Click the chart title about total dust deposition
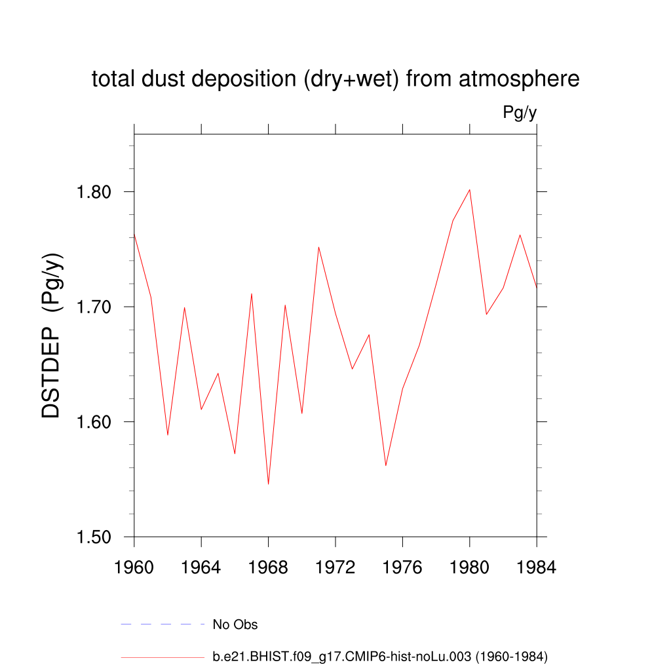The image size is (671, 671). click(x=335, y=79)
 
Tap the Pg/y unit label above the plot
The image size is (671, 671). click(x=520, y=113)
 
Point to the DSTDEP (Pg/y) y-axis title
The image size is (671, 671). click(x=52, y=335)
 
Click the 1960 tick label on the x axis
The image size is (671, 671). click(x=134, y=567)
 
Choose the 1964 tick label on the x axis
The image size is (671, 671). click(x=201, y=567)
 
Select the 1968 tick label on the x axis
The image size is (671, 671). click(x=269, y=567)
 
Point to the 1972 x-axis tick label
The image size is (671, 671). click(x=335, y=567)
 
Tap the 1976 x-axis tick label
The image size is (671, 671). click(x=402, y=567)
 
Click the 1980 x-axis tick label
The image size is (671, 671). click(x=470, y=567)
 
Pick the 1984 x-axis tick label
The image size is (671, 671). click(x=537, y=567)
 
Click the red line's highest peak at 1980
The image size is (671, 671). click(x=470, y=190)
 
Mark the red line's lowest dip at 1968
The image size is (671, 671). click(x=269, y=484)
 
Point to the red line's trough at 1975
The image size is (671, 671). click(x=386, y=465)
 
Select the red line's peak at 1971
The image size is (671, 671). click(x=318, y=247)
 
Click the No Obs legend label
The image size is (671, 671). click(x=235, y=624)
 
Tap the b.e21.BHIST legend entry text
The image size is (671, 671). click(x=380, y=656)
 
